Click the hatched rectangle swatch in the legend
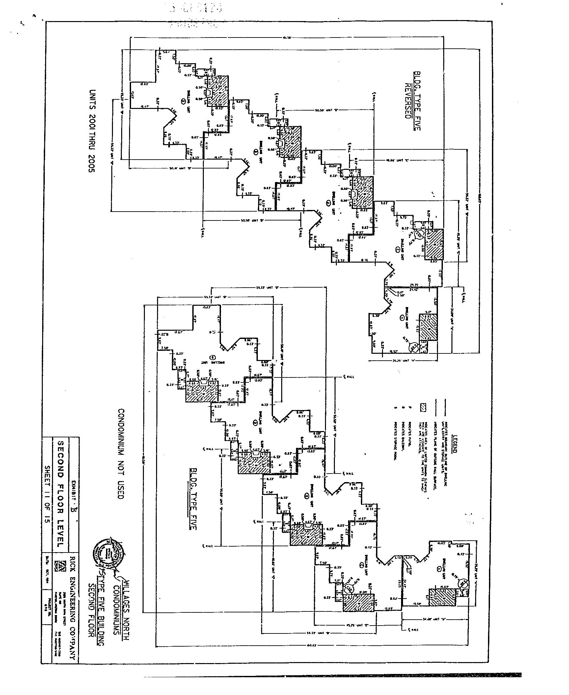point(423,407)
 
